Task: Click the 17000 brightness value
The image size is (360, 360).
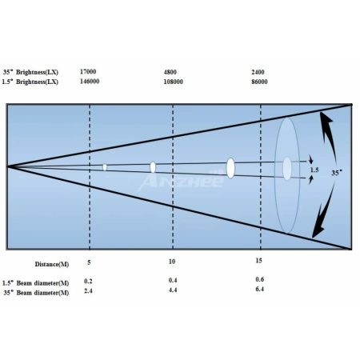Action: pyautogui.click(x=88, y=71)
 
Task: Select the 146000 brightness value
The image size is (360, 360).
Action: pyautogui.click(x=90, y=81)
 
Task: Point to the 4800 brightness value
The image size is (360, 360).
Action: pyautogui.click(x=170, y=72)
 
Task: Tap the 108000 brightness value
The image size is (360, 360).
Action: pyautogui.click(x=174, y=82)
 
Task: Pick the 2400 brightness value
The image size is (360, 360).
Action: pyautogui.click(x=258, y=72)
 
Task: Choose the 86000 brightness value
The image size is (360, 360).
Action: pyautogui.click(x=259, y=82)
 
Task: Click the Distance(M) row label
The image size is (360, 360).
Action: pyautogui.click(x=52, y=264)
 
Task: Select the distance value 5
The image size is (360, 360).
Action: pyautogui.click(x=89, y=262)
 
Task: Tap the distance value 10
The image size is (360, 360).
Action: pyautogui.click(x=172, y=262)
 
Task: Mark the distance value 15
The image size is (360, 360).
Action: pyautogui.click(x=258, y=261)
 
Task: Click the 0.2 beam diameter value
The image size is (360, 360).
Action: pyautogui.click(x=88, y=281)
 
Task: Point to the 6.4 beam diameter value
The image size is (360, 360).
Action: pyautogui.click(x=260, y=289)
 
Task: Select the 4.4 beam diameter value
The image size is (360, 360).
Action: pyautogui.click(x=173, y=290)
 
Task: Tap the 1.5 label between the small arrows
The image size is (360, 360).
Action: pyautogui.click(x=314, y=170)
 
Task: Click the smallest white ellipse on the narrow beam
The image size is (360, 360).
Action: pyautogui.click(x=105, y=167)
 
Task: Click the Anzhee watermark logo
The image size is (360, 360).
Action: pyautogui.click(x=182, y=181)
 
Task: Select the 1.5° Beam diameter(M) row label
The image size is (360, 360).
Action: pyautogui.click(x=36, y=283)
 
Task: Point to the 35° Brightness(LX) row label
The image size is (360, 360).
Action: pyautogui.click(x=30, y=72)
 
